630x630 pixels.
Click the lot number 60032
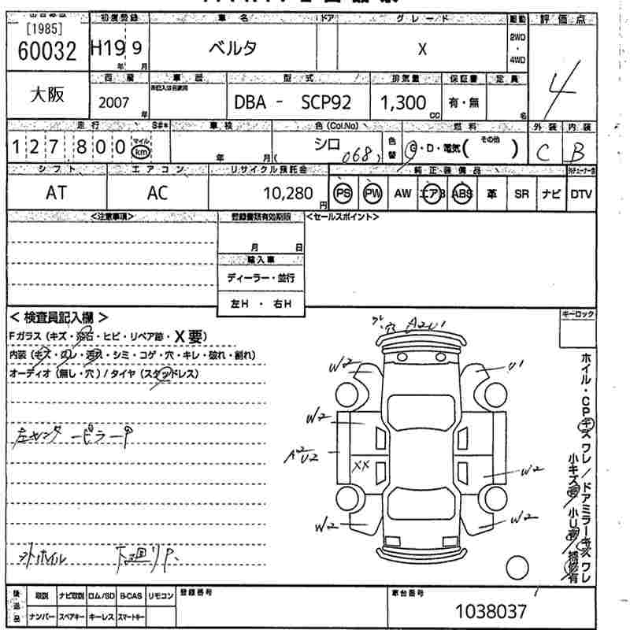click(x=46, y=51)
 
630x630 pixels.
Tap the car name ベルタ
click(x=232, y=49)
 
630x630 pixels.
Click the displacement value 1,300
click(x=402, y=102)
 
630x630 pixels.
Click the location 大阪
click(x=46, y=95)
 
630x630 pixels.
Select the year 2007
click(x=115, y=102)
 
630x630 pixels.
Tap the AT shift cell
click(x=56, y=194)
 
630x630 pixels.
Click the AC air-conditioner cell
click(x=157, y=194)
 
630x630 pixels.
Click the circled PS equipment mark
click(x=342, y=193)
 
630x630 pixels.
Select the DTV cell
click(x=580, y=193)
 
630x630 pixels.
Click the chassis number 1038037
click(x=491, y=611)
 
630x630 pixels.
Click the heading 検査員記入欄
click(x=59, y=317)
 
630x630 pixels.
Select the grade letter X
click(x=422, y=49)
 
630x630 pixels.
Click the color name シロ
click(x=326, y=143)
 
